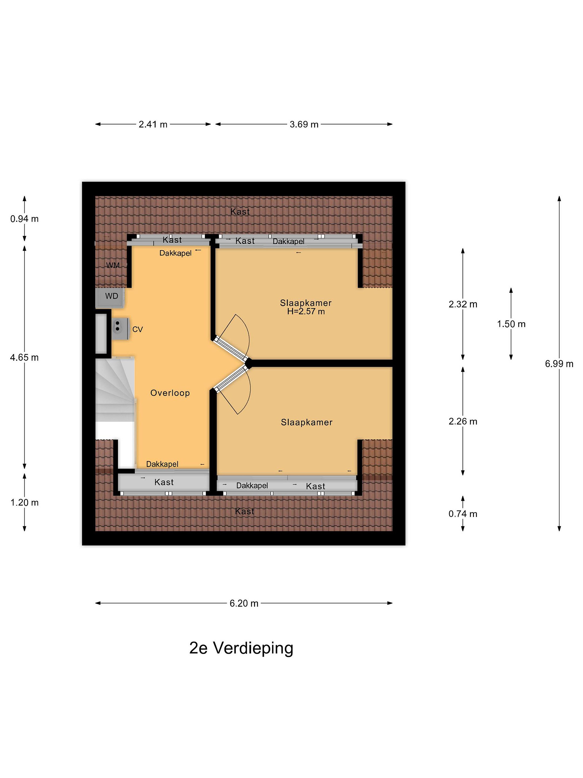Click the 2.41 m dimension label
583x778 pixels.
153,124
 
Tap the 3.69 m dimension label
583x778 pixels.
304,124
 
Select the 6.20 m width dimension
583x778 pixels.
244,603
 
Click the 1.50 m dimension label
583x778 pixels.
511,324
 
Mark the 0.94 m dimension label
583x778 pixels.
24,219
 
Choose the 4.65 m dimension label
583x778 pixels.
24,357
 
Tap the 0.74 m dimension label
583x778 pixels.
463,514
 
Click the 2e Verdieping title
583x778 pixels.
241,648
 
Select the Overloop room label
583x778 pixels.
170,393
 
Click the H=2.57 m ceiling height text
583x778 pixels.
306,311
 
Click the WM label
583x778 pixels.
113,265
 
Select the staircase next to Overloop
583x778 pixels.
115,389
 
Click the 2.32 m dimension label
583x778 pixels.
463,304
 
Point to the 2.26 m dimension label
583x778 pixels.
463,421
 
